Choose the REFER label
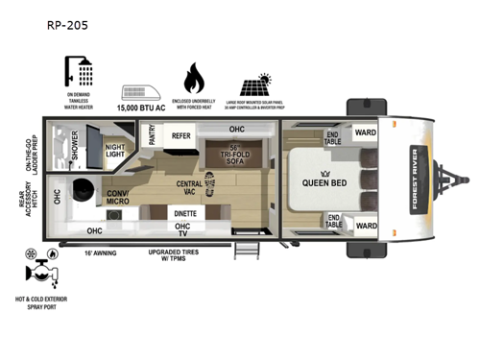(x=181, y=136)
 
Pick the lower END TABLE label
(x=333, y=221)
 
